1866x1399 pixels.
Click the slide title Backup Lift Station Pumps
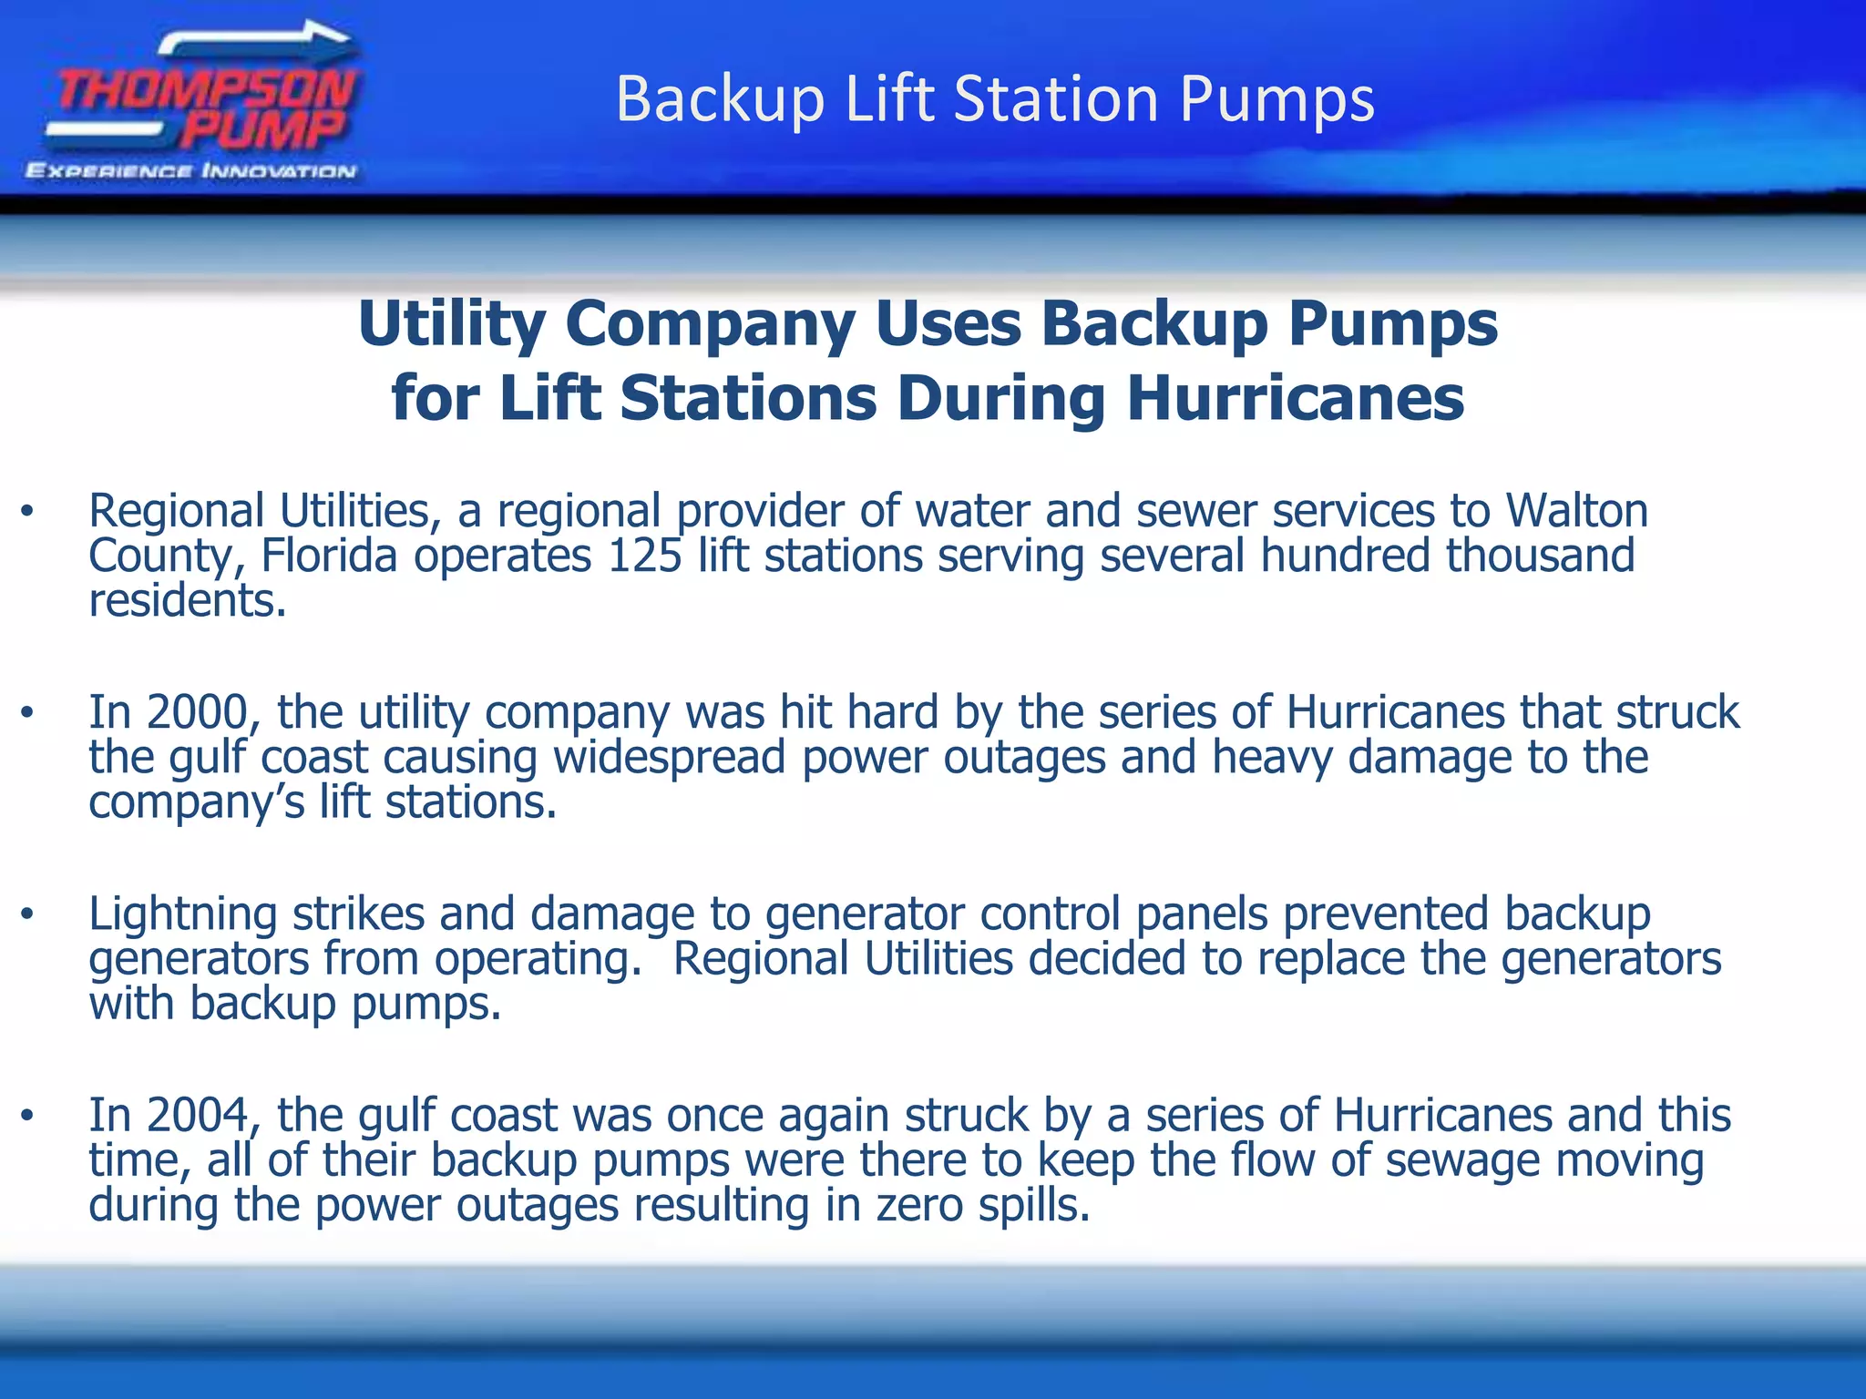pyautogui.click(x=995, y=98)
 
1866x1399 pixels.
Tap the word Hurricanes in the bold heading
pyautogui.click(x=1296, y=399)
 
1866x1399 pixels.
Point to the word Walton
pyautogui.click(x=1576, y=510)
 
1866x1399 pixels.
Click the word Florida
pyautogui.click(x=329, y=556)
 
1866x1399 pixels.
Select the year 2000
pyautogui.click(x=198, y=712)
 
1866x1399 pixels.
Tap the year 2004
pyautogui.click(x=198, y=1115)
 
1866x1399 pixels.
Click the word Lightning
pyautogui.click(x=182, y=914)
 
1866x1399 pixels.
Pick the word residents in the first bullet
pyautogui.click(x=187, y=600)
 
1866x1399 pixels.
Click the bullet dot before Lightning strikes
pyautogui.click(x=28, y=914)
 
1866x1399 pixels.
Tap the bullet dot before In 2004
pyautogui.click(x=28, y=1116)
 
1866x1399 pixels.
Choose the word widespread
pyautogui.click(x=669, y=758)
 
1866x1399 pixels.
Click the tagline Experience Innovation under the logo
pyautogui.click(x=191, y=171)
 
